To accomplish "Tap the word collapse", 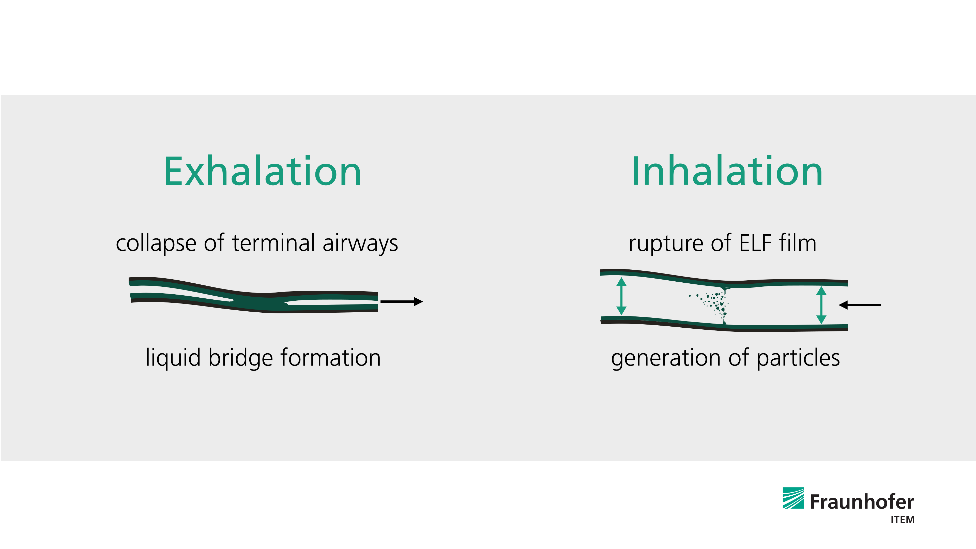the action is (156, 243).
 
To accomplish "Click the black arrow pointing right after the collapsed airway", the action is (402, 302).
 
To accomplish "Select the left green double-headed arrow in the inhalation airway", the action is (621, 296).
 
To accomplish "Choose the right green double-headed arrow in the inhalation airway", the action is (821, 305).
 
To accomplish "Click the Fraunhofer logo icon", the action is (793, 498).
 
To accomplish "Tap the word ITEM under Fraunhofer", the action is (903, 520).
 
